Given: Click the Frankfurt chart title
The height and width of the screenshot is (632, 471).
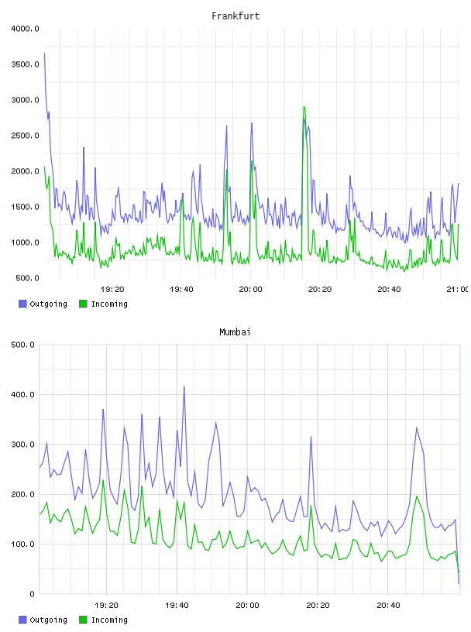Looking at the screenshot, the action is coord(235,16).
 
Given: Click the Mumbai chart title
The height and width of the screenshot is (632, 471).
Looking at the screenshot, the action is coord(235,332).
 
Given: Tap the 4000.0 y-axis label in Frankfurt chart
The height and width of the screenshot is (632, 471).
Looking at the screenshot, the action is coord(25,29).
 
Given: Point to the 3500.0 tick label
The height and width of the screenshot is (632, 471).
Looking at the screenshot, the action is coord(25,64).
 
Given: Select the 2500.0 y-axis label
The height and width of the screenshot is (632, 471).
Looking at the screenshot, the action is coord(25,136).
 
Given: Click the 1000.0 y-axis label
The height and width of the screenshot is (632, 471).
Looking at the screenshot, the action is coord(25,242).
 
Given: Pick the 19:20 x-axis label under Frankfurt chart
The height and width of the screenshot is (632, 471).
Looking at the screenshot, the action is coord(112,290).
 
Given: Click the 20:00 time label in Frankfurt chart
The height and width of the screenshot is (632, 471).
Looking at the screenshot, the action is coord(250,290).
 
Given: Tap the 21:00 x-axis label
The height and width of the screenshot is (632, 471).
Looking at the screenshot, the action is coord(458,290).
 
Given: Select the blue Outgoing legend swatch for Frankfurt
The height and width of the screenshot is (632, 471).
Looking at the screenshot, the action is coord(22,304).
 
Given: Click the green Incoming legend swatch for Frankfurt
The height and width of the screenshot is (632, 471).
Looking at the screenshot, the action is coord(83,304).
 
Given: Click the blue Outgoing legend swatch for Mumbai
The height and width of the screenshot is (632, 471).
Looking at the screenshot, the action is coord(22,620).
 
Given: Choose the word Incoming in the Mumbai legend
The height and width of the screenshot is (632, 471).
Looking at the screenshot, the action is coord(109,620).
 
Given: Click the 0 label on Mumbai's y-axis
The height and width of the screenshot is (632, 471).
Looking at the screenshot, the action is coord(32,594).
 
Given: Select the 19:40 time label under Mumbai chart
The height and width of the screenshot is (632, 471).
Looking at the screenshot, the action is coord(177,606).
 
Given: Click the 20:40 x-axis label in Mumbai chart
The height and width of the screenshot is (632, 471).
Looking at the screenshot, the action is coord(388,606).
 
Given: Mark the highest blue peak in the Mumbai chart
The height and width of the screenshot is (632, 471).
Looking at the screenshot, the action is coord(184,387).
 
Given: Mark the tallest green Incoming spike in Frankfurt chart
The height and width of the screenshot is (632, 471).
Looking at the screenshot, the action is coord(304,107).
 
